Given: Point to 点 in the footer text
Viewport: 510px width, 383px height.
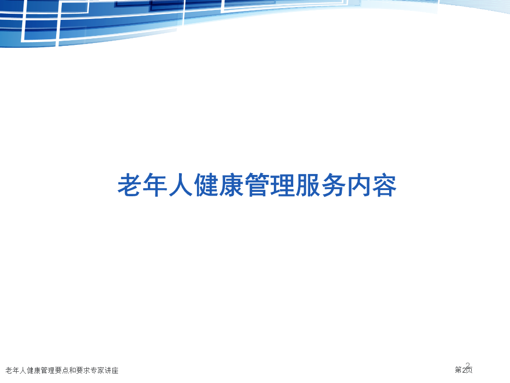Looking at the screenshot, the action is (x=65, y=370).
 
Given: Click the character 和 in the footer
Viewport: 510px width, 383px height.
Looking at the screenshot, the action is (x=73, y=370).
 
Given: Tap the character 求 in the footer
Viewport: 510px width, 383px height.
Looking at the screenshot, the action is (x=87, y=370).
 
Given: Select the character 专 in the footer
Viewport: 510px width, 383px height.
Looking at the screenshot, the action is (x=94, y=370).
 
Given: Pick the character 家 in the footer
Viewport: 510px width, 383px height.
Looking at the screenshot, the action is (x=101, y=370).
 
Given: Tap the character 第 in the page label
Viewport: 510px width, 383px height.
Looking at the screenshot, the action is (x=458, y=370).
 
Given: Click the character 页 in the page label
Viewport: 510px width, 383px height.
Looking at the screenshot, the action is (x=469, y=370).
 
